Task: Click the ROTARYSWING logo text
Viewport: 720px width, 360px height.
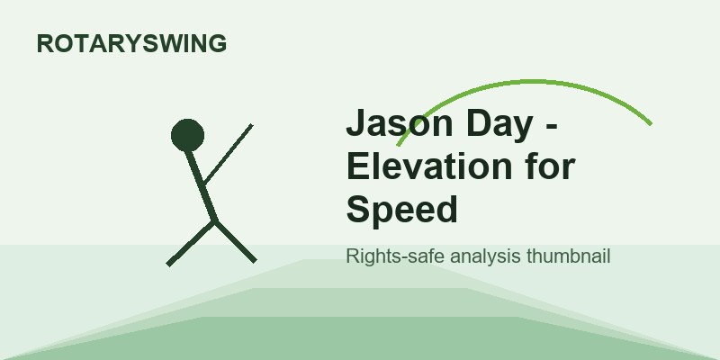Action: coord(131,43)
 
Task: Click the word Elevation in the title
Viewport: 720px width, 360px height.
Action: coord(429,166)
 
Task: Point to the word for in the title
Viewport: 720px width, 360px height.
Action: coord(550,166)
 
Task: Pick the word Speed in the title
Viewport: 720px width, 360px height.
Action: coord(401,209)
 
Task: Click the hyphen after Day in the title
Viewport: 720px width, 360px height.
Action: coord(552,127)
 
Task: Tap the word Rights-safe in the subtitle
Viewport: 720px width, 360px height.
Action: coord(396,256)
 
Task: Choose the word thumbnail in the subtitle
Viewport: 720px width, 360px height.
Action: coord(569,256)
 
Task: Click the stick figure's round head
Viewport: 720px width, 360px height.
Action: coord(187,135)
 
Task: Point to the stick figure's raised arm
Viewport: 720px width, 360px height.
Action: coord(228,155)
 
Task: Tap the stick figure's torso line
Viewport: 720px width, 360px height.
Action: coord(201,186)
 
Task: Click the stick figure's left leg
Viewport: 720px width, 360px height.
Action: coord(191,243)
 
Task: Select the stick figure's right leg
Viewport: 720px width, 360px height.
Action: coord(236,242)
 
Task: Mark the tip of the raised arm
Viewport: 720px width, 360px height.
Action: coord(252,124)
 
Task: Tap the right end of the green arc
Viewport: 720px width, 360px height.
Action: coord(651,123)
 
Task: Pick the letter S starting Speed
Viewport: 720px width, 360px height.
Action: coord(359,209)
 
